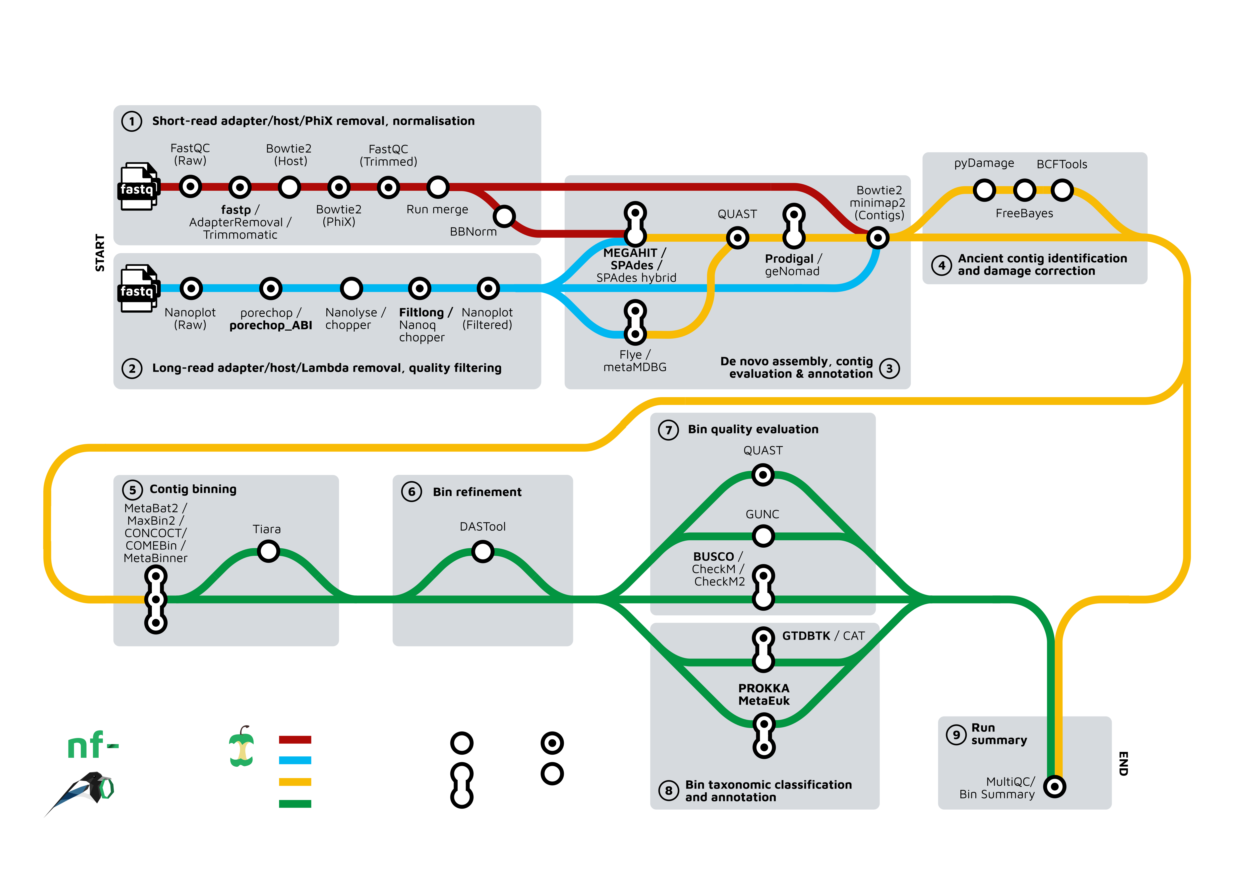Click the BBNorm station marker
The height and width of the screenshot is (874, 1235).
click(504, 216)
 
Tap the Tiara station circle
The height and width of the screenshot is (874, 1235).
click(268, 551)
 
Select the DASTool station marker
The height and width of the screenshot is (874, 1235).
click(482, 551)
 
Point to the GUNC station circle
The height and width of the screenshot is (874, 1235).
click(763, 536)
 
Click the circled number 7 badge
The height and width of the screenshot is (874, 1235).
click(669, 430)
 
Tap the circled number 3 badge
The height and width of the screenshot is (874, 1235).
click(889, 369)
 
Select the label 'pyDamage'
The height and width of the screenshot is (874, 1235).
click(984, 163)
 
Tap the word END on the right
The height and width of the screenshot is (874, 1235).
click(1123, 763)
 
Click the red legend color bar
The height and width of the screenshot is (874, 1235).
click(295, 739)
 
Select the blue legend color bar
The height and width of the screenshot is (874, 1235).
click(295, 760)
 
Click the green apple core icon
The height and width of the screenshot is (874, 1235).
click(241, 747)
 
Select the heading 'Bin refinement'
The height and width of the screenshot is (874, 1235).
click(477, 492)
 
